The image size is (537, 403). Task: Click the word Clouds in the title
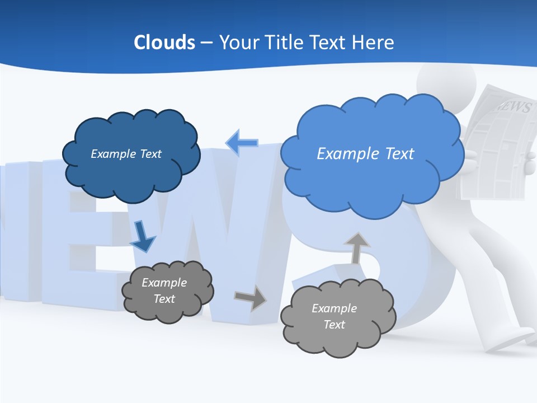(x=164, y=43)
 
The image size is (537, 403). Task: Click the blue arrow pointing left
(x=242, y=143)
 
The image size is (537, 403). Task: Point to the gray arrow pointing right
(x=251, y=297)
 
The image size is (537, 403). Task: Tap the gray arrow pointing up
(x=356, y=247)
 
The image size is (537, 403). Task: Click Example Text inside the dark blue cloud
(x=126, y=154)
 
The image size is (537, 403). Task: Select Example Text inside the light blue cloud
(x=365, y=154)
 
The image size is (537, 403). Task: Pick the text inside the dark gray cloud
(x=164, y=290)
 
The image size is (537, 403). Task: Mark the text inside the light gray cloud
(x=334, y=316)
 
